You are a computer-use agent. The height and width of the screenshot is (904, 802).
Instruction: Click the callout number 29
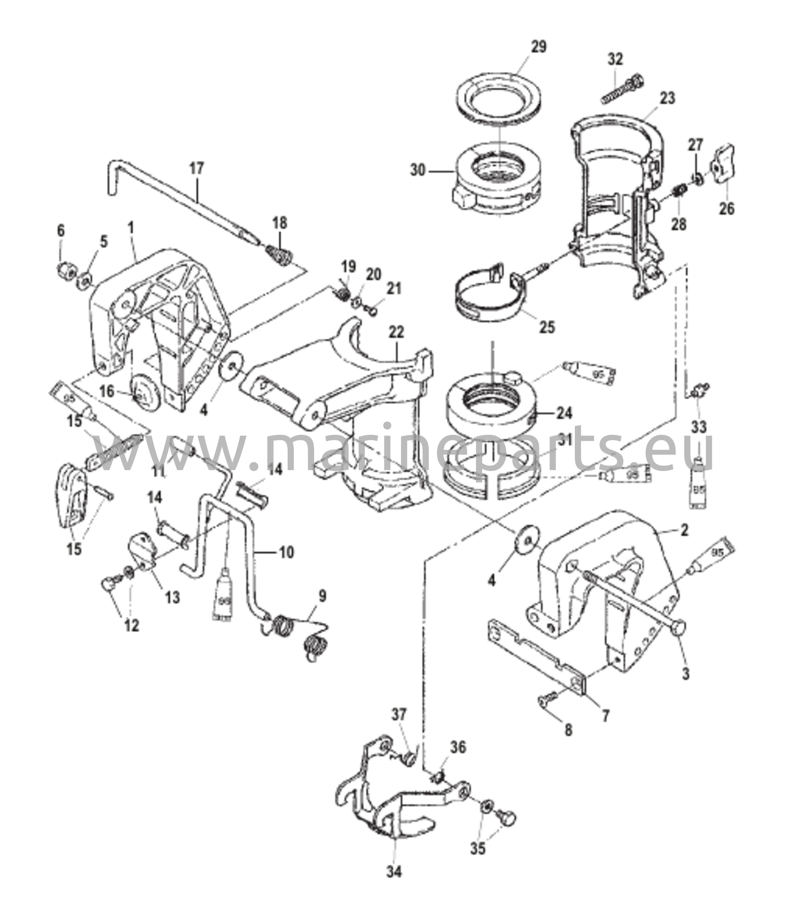(x=538, y=46)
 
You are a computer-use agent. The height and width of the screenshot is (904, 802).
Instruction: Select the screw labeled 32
(x=622, y=90)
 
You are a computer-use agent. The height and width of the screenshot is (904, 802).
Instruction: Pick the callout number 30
(x=417, y=170)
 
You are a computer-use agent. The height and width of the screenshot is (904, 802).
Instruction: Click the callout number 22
(x=396, y=332)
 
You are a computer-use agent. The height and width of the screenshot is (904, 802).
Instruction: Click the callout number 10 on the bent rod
(x=286, y=552)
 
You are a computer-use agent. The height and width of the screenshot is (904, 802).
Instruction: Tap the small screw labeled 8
(x=545, y=700)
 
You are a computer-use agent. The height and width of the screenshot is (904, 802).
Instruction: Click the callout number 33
(x=699, y=427)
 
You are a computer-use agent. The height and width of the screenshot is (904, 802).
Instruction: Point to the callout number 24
(x=564, y=413)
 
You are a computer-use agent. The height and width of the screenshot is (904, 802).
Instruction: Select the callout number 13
(x=173, y=597)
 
